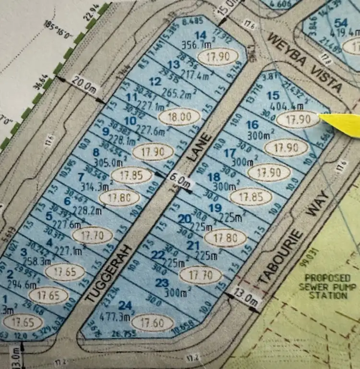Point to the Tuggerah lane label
coord(109,274)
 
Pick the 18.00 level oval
coord(179,117)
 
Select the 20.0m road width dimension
coord(84,82)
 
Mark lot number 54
coord(341,23)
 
